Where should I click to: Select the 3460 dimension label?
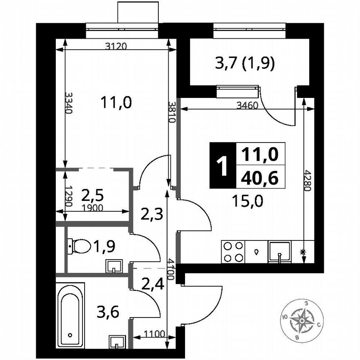[247, 105]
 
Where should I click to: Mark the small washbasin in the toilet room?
[114, 266]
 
